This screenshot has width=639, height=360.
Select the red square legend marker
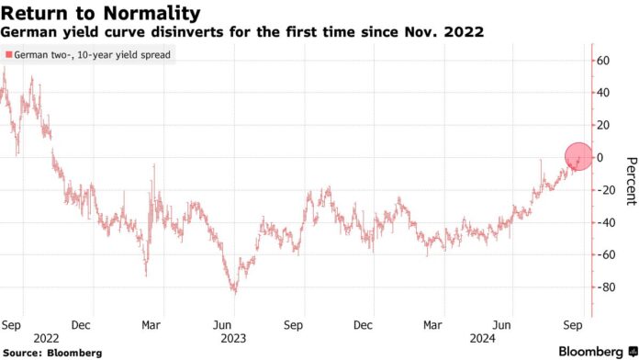pyautogui.click(x=8, y=55)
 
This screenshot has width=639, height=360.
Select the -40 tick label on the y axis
pyautogui.click(x=605, y=222)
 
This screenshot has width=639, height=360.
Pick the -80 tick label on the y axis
pyautogui.click(x=605, y=287)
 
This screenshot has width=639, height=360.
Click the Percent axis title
pyautogui.click(x=630, y=181)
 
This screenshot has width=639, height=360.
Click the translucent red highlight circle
pyautogui.click(x=577, y=157)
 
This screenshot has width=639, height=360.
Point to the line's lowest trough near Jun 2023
pyautogui.click(x=233, y=292)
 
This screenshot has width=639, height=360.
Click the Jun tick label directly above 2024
pyautogui.click(x=502, y=324)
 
